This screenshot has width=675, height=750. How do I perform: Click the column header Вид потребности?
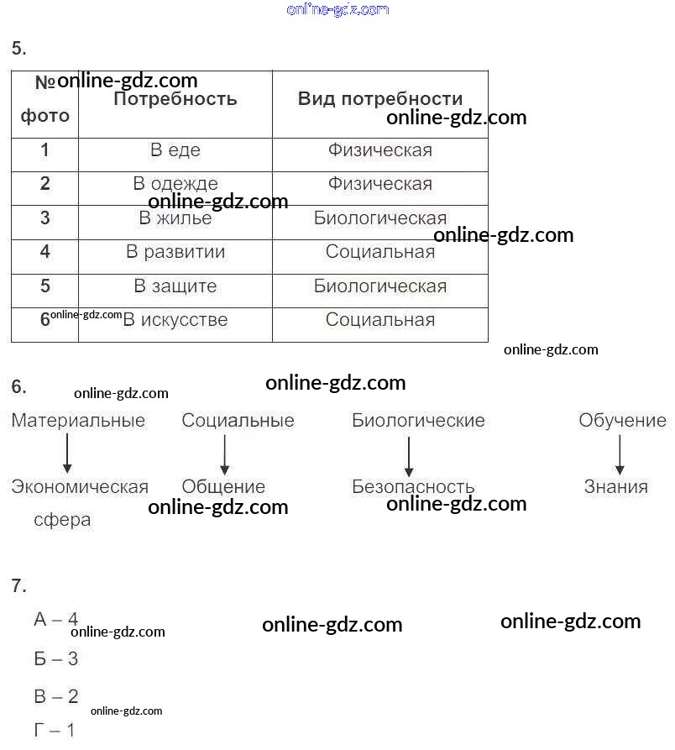coord(379,99)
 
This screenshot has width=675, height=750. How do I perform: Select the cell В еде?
coord(175,150)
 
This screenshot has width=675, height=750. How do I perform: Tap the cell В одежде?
coord(175,184)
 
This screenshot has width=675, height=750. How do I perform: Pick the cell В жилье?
coord(175,218)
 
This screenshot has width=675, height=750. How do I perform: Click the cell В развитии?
coord(175,252)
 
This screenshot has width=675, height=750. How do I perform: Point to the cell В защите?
coord(175,286)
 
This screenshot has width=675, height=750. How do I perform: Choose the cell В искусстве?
coord(175,320)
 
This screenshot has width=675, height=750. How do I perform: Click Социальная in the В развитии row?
coord(380,252)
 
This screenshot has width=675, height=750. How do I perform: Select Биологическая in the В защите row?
coord(380,286)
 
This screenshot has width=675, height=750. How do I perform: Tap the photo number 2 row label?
coord(45,184)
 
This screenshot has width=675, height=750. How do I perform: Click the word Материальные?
coord(78,421)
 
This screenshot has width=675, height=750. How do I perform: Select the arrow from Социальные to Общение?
coord(225,454)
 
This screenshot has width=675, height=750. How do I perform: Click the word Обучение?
coord(622,421)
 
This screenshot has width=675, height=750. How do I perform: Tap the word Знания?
coord(616,486)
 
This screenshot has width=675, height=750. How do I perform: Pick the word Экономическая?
coord(80,487)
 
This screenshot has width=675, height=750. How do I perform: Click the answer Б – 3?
coord(56,659)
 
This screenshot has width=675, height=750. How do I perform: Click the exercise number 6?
coord(18,387)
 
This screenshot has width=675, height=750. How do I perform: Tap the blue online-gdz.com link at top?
coord(337,10)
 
